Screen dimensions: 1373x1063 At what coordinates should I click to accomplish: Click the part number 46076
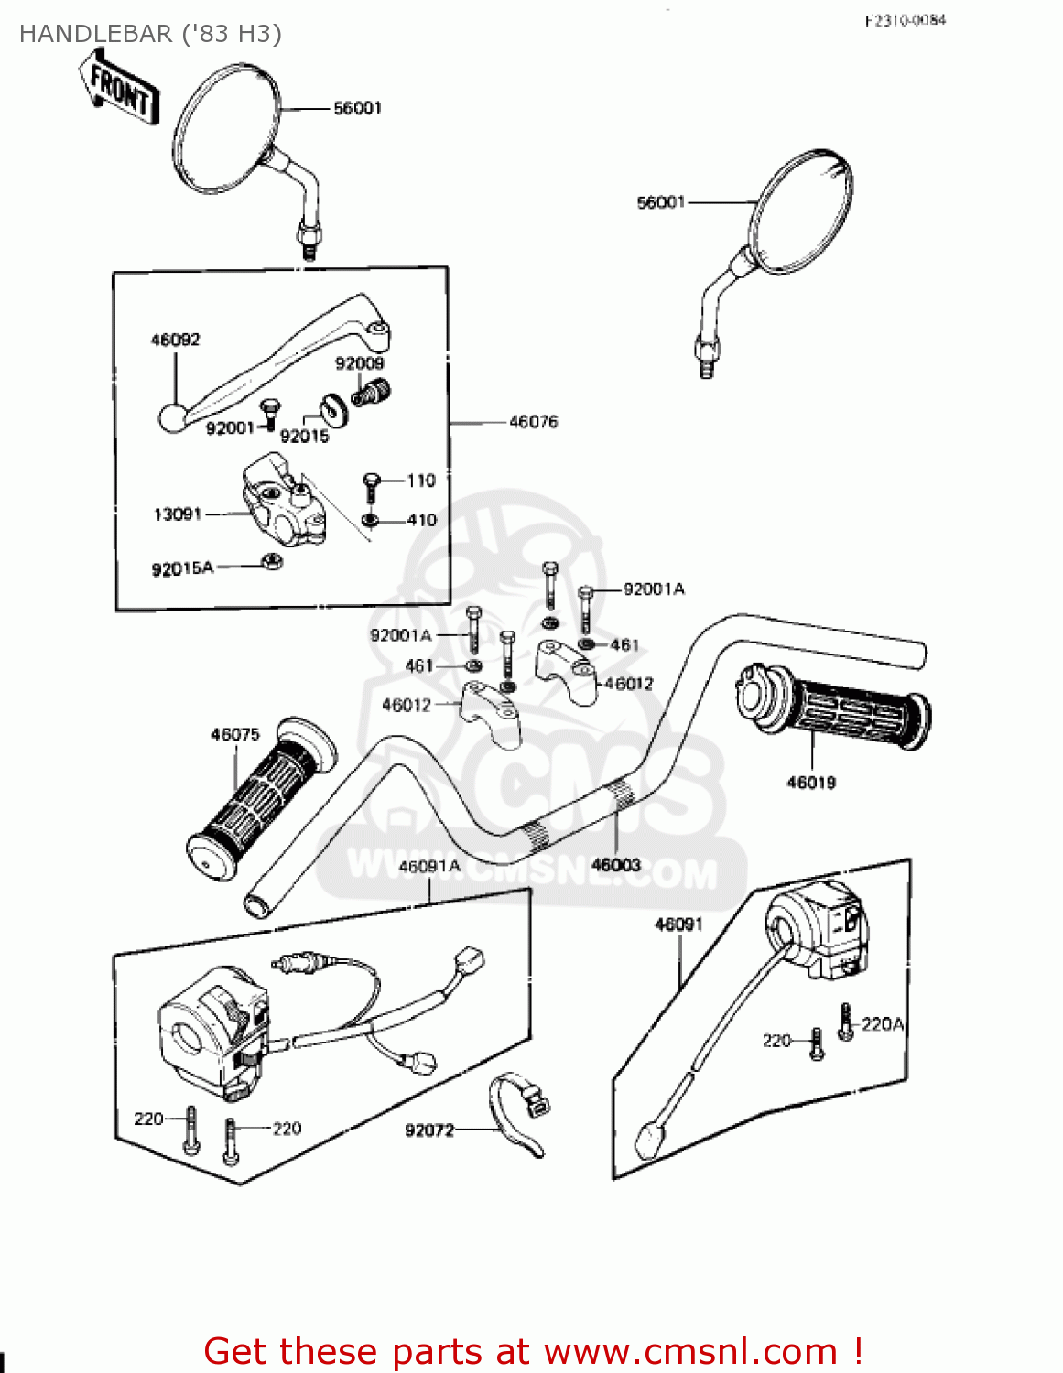point(533,422)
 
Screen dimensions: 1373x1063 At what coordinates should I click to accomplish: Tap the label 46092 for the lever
point(175,340)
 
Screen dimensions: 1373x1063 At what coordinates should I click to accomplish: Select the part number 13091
point(178,514)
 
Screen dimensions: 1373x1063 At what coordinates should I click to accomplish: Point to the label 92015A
point(182,568)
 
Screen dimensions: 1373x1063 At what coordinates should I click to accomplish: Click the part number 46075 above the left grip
point(235,734)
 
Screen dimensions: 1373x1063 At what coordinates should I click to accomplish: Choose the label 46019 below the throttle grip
point(811,782)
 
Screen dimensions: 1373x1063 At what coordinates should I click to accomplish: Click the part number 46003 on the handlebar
point(616,864)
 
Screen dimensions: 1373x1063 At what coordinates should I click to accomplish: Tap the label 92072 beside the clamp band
point(429,1130)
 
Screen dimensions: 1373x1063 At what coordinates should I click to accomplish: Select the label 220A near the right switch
point(883,1024)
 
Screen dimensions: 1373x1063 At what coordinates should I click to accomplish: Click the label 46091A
point(429,866)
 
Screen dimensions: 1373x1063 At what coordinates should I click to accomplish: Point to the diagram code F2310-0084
point(905,20)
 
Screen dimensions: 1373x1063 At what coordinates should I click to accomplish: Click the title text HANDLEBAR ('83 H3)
point(150,34)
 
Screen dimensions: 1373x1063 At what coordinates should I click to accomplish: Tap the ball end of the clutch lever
point(172,418)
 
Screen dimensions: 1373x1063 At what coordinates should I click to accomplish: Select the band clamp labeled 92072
point(517,1109)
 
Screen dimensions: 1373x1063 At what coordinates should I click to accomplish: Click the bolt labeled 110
point(371,484)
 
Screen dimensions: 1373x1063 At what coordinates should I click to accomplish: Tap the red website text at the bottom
point(533,1351)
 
